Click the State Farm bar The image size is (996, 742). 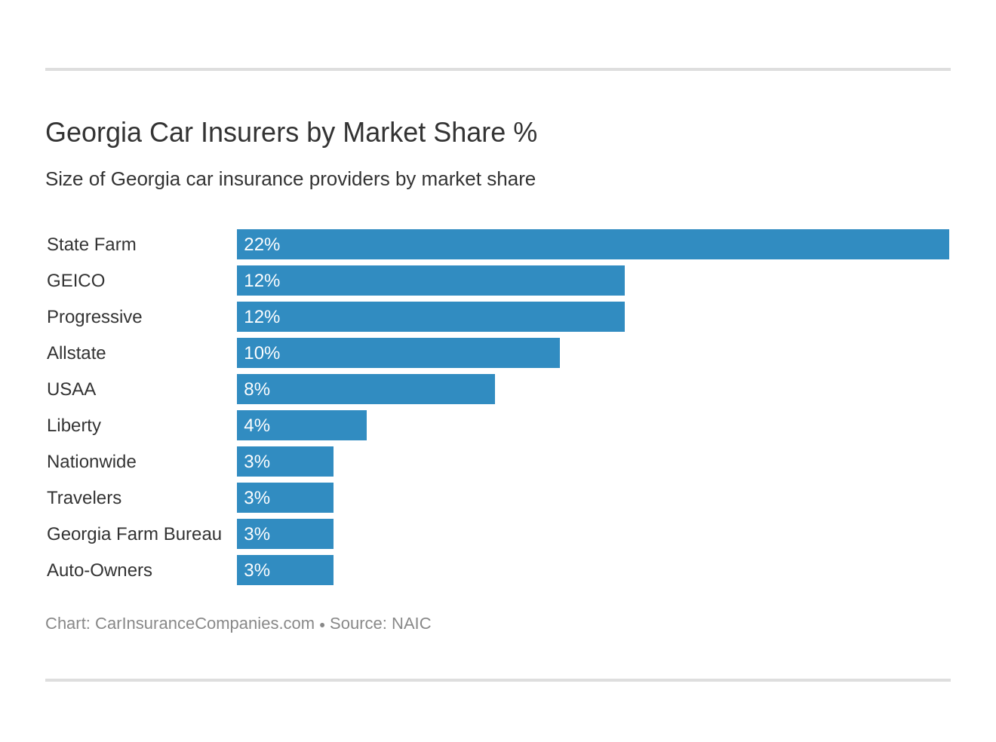[592, 244]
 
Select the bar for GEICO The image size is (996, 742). [430, 281]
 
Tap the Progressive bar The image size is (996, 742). [430, 317]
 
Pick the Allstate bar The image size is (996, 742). [398, 353]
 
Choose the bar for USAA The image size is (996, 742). [365, 389]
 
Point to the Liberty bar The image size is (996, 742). [301, 425]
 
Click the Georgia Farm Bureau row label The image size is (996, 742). [134, 534]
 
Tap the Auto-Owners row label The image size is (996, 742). [100, 570]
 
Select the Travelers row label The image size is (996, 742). [84, 498]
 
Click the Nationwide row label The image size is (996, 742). [91, 461]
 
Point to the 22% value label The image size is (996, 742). [262, 244]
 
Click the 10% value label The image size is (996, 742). [262, 353]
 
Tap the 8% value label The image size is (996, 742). [257, 389]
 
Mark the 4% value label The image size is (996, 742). [257, 425]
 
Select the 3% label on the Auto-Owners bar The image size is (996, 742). [257, 570]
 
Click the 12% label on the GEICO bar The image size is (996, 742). [262, 281]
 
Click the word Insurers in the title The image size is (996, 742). [249, 133]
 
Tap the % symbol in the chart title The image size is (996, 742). [525, 133]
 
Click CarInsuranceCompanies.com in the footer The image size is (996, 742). [204, 624]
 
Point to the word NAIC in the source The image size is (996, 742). [411, 624]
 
